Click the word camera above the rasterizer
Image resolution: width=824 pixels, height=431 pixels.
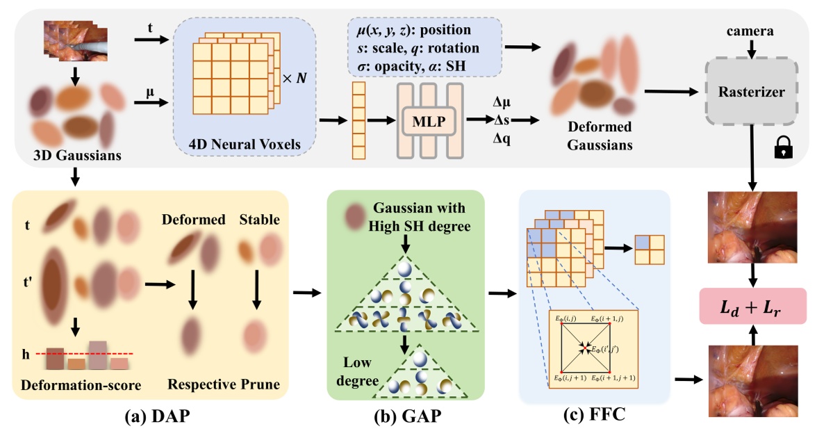point(750,32)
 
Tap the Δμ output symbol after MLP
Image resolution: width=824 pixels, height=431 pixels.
point(502,102)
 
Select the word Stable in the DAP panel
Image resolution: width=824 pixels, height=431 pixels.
point(259,220)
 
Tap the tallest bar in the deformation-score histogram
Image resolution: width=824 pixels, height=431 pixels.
point(97,355)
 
